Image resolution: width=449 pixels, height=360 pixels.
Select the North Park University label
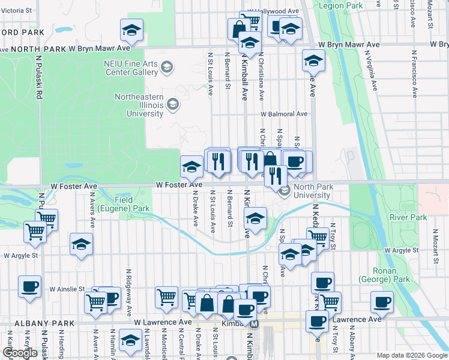[x=313, y=191]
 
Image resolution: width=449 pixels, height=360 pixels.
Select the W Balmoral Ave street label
[x=284, y=113]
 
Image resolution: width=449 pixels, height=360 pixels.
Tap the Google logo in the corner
[x=20, y=353]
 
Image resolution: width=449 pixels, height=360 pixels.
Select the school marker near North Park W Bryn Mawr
[x=131, y=31]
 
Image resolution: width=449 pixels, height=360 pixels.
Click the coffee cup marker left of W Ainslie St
[x=29, y=287]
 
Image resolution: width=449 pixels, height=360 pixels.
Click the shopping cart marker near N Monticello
[x=166, y=296]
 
